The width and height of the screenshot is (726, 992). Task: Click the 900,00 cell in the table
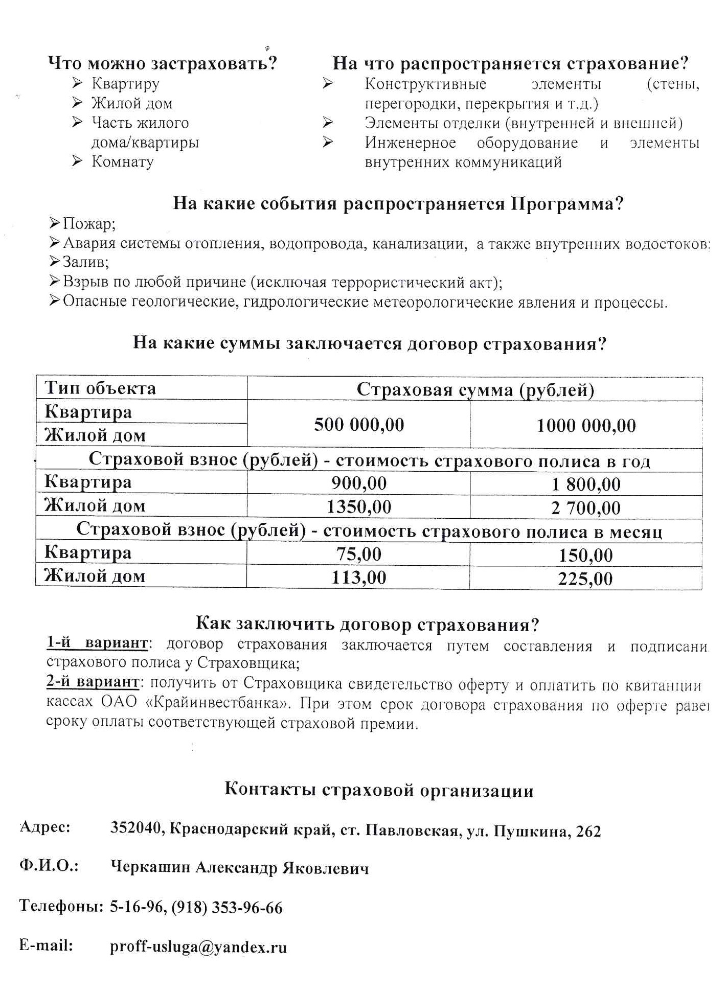point(359,483)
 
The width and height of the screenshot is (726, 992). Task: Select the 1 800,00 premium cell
point(586,484)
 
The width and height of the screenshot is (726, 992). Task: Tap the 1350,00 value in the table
point(359,506)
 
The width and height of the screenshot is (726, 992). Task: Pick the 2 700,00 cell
point(586,508)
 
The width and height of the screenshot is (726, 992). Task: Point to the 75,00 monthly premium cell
point(359,554)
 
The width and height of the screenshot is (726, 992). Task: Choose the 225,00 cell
point(585,579)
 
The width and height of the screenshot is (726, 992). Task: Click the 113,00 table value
point(359,578)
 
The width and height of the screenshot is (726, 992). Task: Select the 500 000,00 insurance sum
point(359,424)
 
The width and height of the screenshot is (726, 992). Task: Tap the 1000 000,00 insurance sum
point(586,425)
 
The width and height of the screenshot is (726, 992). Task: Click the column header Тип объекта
point(100,388)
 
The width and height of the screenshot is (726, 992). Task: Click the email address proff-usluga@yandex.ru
point(198,947)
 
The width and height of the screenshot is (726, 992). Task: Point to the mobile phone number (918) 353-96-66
point(226,908)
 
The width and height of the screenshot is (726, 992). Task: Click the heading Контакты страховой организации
point(379,790)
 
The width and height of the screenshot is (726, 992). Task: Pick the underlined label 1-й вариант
point(97,643)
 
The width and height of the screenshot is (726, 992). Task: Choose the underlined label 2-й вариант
point(93,682)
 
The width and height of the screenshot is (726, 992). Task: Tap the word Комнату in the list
point(122,162)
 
